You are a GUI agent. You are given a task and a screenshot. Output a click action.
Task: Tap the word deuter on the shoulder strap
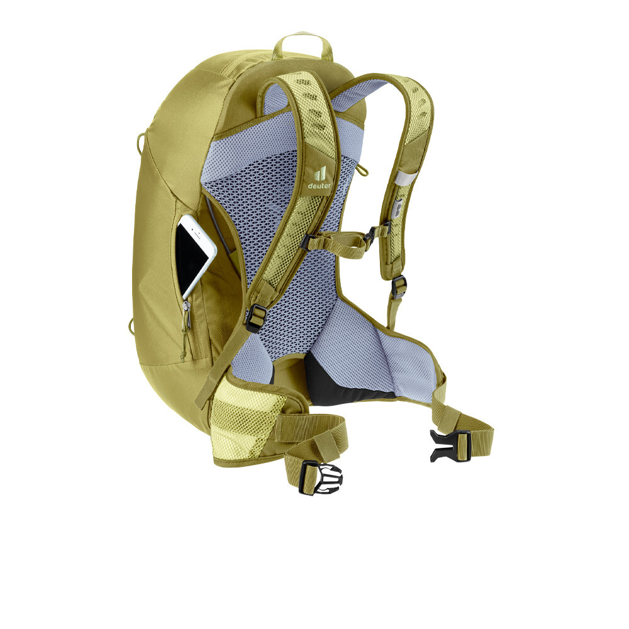pyautogui.click(x=320, y=186)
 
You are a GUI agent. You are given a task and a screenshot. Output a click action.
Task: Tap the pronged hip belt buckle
pyautogui.click(x=321, y=477)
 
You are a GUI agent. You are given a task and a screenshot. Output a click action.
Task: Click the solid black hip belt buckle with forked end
pyautogui.click(x=449, y=445)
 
